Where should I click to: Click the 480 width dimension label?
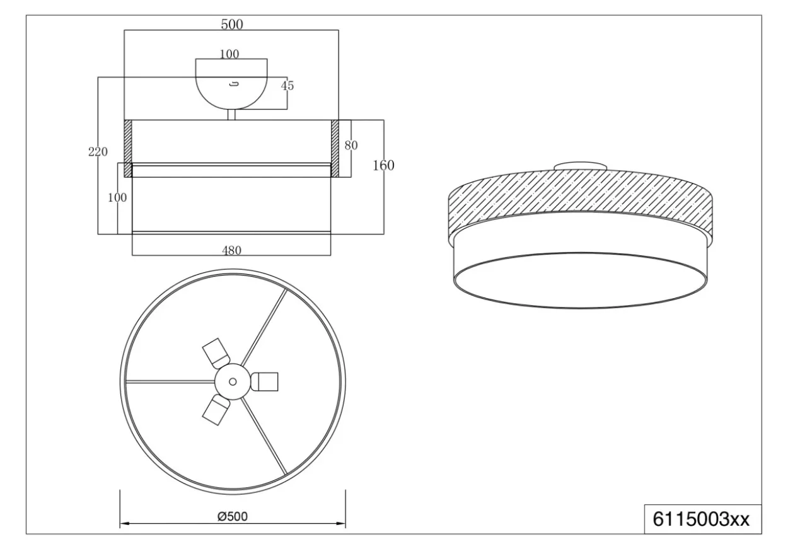coord(231,250)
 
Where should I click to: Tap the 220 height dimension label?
coord(98,152)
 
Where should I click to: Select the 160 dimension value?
coord(383,165)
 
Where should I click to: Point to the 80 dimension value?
coord(351,145)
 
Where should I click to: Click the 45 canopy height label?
coord(287,86)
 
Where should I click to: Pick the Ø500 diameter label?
coord(233,516)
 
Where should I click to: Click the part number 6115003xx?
coord(701,519)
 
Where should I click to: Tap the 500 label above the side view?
coord(232,25)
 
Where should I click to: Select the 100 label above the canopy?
coord(229,54)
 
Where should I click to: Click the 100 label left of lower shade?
coord(117,198)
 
